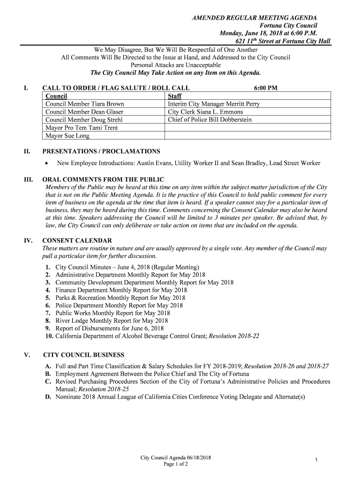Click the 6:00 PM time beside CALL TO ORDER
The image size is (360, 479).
[x=266, y=87]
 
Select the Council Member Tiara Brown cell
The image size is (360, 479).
[x=85, y=104]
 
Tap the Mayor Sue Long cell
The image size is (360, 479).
[x=67, y=136]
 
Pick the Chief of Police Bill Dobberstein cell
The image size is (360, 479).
[x=209, y=120]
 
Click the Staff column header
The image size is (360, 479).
[x=175, y=96]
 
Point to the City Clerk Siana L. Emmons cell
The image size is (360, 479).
[x=205, y=112]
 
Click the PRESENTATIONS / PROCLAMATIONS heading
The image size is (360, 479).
[x=101, y=151]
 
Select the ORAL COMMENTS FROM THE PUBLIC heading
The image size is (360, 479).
[x=103, y=179]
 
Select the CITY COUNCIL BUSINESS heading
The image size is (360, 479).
[x=84, y=355]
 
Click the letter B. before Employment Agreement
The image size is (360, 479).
[x=48, y=374]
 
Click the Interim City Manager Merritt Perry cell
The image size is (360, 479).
[x=214, y=104]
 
